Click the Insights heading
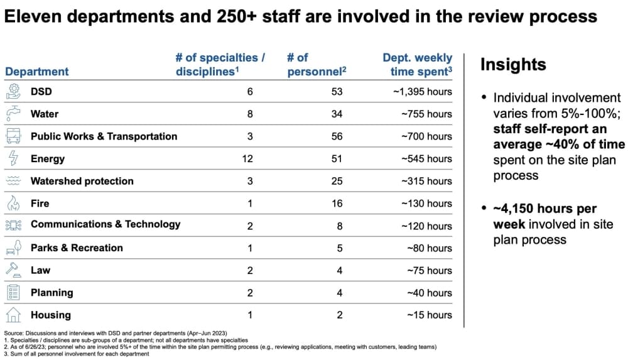tap(513, 65)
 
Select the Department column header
tap(37, 72)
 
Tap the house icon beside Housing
tap(13, 315)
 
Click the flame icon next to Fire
tap(13, 204)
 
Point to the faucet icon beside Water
tap(13, 114)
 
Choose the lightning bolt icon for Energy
tap(13, 158)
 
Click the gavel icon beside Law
tap(13, 270)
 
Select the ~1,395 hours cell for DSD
tap(423, 92)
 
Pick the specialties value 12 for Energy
tap(247, 159)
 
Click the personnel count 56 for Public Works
tap(337, 136)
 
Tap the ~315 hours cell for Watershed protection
tap(426, 181)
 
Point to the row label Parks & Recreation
tap(77, 248)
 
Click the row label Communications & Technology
tap(106, 224)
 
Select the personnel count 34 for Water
tap(337, 114)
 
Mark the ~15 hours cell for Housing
tap(430, 315)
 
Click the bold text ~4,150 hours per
tap(545, 209)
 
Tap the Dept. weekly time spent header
tap(418, 65)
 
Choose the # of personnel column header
tap(317, 65)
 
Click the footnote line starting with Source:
tap(116, 333)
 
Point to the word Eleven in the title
tap(33, 16)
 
